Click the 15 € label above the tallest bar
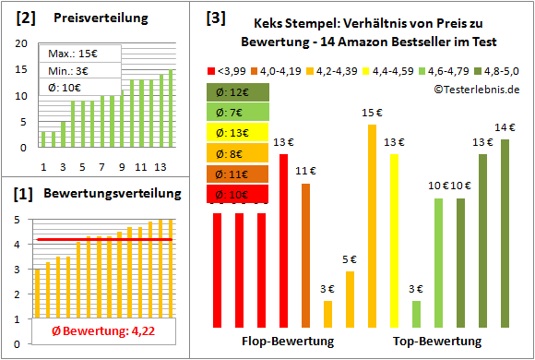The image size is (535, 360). point(372,113)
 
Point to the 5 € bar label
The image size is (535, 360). point(350,259)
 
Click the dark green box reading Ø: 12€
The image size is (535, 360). point(238,92)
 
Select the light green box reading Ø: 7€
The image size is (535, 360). point(238,113)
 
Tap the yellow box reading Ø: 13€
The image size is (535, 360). point(238,133)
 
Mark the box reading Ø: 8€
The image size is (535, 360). point(238,153)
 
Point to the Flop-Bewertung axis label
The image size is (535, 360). point(288,342)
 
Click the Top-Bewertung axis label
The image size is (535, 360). point(437,342)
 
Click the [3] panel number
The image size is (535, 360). point(215,18)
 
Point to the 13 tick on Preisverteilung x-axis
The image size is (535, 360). point(160,166)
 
